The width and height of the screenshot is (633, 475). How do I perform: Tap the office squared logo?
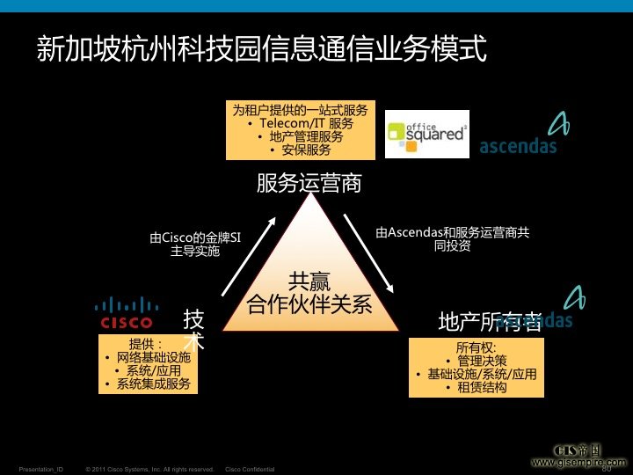pos(427,134)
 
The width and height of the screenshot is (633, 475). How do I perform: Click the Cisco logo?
pos(127,314)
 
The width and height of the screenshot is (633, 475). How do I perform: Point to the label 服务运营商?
pos(309,183)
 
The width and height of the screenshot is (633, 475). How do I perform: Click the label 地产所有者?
pos(490,323)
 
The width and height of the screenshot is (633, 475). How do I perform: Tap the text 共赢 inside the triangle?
pos(309,281)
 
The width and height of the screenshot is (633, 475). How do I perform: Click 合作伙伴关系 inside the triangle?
pos(309,305)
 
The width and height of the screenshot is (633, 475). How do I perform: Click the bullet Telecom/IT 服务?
pos(302,124)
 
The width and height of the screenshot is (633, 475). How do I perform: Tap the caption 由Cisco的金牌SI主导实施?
pos(195,243)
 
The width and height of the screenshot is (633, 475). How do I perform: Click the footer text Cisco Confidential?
pos(250,469)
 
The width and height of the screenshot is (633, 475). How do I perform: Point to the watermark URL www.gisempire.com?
pos(579,461)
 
